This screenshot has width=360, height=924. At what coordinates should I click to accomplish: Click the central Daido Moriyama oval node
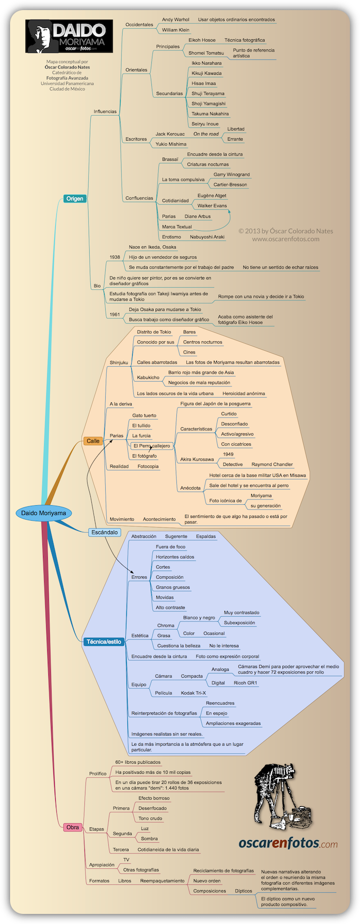coord(44,513)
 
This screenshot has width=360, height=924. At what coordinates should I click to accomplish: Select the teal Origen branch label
coord(74,198)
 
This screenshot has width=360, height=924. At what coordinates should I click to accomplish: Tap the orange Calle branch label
coord(93,441)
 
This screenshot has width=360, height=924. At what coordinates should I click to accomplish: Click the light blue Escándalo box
coord(105,532)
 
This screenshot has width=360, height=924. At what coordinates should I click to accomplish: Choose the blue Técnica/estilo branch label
coord(104,642)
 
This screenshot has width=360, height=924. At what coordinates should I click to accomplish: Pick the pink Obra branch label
coord(73,827)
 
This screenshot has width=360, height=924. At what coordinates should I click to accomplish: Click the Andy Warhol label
coord(175,20)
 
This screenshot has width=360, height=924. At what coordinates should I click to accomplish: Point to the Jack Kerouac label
coord(170,134)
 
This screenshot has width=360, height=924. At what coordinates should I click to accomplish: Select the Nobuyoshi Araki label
coord(207,237)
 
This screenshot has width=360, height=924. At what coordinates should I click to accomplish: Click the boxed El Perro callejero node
coord(152,446)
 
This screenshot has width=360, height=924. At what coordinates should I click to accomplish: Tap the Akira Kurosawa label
coord(197,460)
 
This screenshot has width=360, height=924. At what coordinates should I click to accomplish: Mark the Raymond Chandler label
coord(272,464)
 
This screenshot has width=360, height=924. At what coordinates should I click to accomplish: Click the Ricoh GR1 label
coord(245,683)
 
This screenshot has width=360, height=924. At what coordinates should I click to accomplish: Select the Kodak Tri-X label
coord(193,693)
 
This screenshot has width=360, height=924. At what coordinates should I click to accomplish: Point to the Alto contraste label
coord(170,608)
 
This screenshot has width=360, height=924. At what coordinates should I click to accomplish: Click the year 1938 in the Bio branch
coord(115,257)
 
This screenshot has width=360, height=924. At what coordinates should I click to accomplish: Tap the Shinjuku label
coord(119,363)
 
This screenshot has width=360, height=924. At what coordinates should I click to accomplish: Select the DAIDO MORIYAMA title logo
coord(70,36)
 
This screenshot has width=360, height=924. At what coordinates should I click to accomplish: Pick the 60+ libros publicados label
coord(138,763)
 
